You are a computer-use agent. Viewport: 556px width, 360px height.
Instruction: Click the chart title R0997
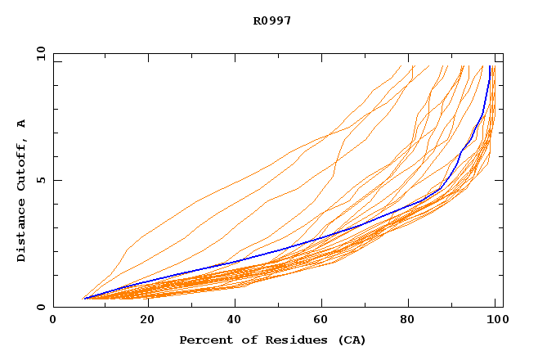(x=271, y=20)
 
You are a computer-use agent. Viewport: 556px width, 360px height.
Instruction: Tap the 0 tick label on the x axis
(x=53, y=321)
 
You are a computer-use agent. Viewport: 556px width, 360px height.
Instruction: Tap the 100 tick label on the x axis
(x=496, y=321)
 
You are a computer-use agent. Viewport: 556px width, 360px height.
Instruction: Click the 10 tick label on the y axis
(x=40, y=55)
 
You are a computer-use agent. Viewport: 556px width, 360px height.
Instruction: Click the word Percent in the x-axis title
(x=204, y=340)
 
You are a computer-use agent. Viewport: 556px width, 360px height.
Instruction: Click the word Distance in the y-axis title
(x=21, y=231)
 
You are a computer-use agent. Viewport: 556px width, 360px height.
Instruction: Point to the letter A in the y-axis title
(x=21, y=123)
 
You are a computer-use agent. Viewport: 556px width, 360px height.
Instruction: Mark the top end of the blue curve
(x=490, y=66)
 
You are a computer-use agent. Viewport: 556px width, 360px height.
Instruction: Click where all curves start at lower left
(x=84, y=299)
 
